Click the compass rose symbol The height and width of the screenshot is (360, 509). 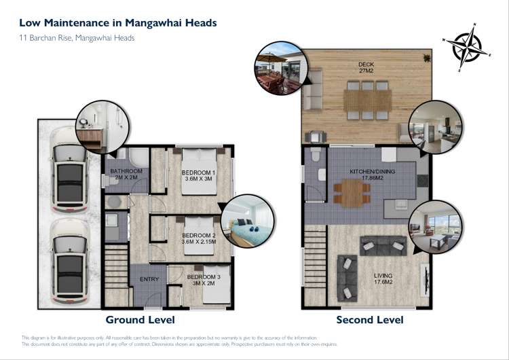(465, 46)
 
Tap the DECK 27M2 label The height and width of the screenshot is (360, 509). (366, 69)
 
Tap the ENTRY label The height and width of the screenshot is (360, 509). (149, 278)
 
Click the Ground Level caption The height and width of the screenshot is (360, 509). (140, 319)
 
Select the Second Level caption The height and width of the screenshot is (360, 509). (369, 319)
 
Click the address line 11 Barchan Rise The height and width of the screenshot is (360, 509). (76, 38)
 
